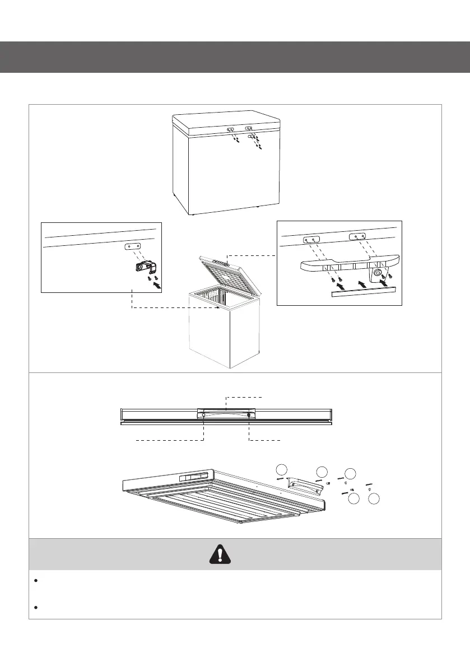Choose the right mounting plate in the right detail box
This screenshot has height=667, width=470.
coord(360,237)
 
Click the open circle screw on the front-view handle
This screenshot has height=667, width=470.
coord(203,415)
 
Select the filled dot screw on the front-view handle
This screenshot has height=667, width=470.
coord(249,415)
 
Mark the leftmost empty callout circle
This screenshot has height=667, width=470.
coord(283,470)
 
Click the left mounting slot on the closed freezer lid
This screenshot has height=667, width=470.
coord(231,129)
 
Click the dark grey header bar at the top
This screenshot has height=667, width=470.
coord(235,57)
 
